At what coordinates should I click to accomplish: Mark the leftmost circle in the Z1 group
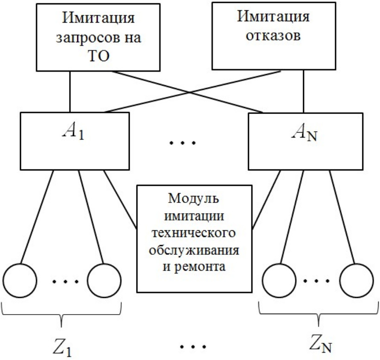click(19, 281)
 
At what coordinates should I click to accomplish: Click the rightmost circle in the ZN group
click(356, 281)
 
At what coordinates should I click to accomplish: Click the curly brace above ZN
click(318, 315)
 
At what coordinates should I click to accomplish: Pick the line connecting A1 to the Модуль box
click(121, 199)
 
